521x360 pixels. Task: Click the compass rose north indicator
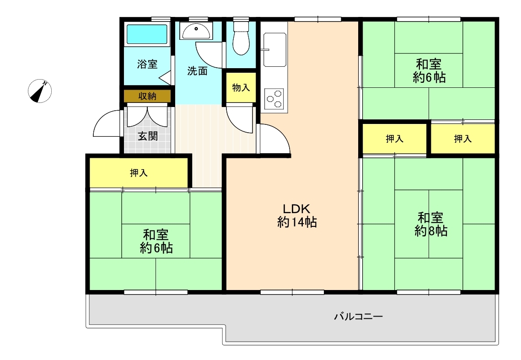(x=40, y=91)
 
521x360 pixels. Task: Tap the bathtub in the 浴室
(x=147, y=34)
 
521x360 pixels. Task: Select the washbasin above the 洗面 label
(x=196, y=32)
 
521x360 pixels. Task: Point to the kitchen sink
(x=275, y=49)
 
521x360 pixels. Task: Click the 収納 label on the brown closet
(x=147, y=96)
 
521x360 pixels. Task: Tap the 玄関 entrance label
(x=148, y=135)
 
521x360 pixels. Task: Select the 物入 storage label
(x=241, y=87)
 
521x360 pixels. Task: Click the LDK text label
(x=296, y=209)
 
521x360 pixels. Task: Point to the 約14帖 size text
(x=297, y=222)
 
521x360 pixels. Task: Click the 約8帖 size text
(x=430, y=231)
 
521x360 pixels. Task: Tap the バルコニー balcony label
(x=359, y=316)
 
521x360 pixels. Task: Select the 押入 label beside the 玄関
(x=139, y=173)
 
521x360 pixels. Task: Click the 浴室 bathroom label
(x=147, y=64)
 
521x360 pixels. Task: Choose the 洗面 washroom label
(x=197, y=70)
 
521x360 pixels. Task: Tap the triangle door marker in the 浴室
(x=165, y=78)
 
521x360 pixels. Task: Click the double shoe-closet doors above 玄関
(x=147, y=115)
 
